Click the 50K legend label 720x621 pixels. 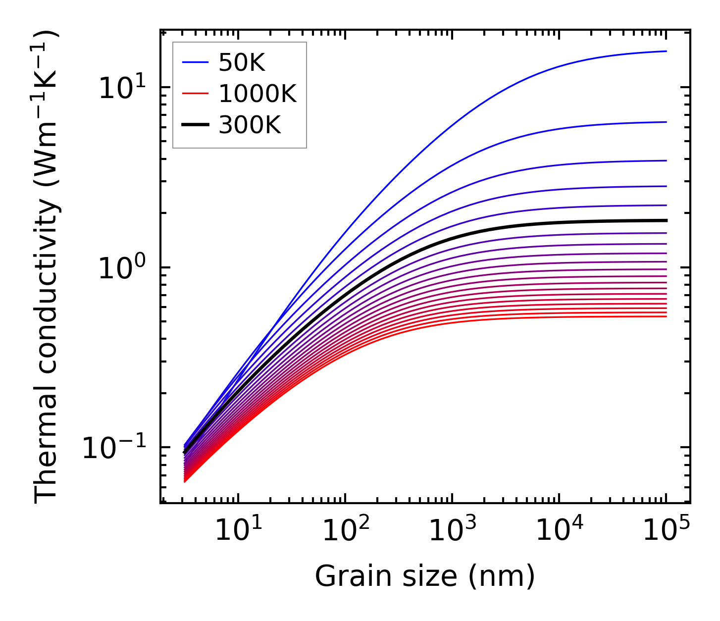[242, 62]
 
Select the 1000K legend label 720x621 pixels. [257, 94]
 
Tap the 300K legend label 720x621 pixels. [249, 126]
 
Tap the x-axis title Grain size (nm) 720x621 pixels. [425, 576]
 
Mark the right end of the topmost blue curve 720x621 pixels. [666, 51]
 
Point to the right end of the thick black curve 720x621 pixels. [666, 220]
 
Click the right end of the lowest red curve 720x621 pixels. [666, 316]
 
